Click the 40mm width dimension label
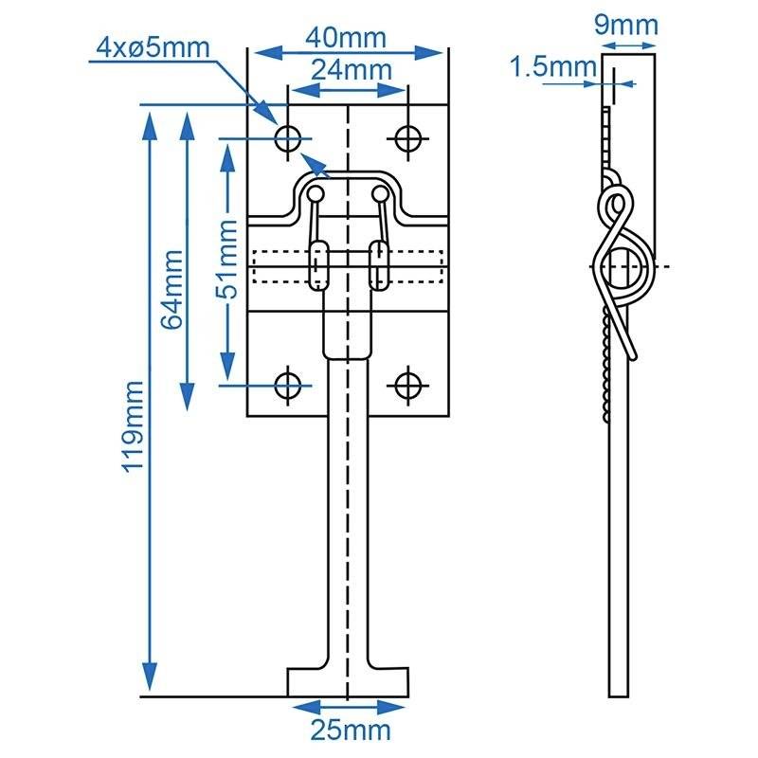click(347, 38)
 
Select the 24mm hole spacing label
click(347, 69)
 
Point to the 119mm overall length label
click(134, 426)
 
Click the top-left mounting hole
click(288, 138)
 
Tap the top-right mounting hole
click(408, 138)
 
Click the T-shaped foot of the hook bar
click(350, 679)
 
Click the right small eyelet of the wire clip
click(380, 195)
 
